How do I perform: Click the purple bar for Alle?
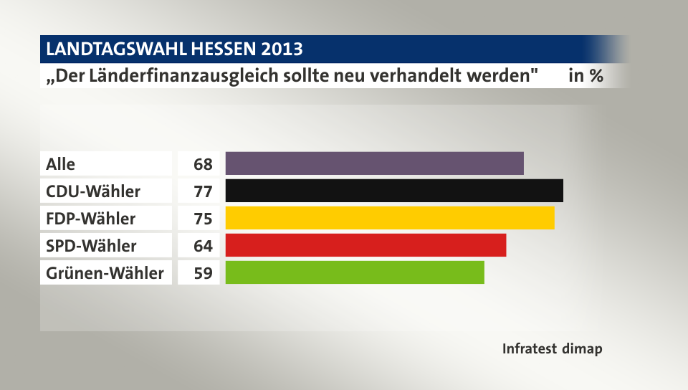tap(374, 163)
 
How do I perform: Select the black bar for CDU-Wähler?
tap(394, 191)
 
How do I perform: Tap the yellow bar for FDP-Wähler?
tap(390, 218)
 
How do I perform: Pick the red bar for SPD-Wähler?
tap(365, 245)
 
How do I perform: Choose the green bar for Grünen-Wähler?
tap(355, 272)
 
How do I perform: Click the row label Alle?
tap(60, 164)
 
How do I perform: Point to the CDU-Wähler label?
tap(93, 191)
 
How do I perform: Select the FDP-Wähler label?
tap(90, 219)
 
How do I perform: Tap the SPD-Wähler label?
tap(91, 246)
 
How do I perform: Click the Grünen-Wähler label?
tap(105, 273)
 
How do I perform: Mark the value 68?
tap(203, 164)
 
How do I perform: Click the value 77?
tap(203, 191)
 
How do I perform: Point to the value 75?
tap(203, 219)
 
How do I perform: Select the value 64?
tap(203, 246)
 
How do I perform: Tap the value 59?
tap(203, 273)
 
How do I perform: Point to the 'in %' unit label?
tap(586, 76)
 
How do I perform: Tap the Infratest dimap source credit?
tap(552, 349)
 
